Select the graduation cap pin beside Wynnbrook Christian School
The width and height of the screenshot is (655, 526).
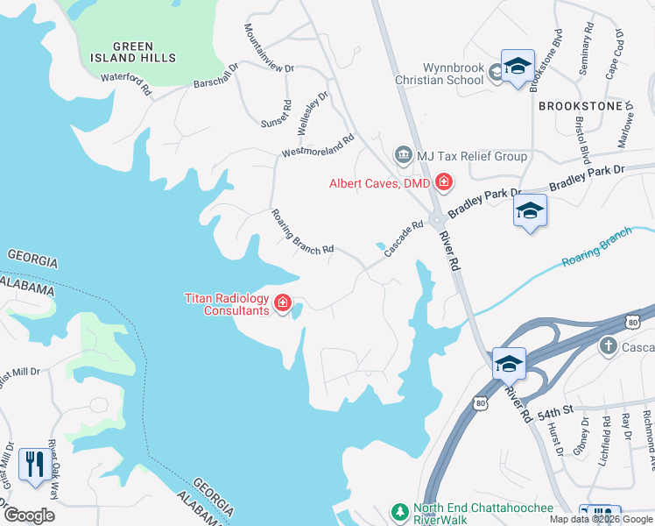(518, 68)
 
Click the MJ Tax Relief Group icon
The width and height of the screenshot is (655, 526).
(403, 156)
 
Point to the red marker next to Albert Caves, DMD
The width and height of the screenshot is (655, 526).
(444, 182)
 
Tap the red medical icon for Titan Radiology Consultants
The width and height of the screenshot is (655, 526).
(282, 304)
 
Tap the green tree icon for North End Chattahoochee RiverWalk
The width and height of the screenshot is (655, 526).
(399, 511)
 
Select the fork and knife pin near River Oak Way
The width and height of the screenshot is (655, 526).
(34, 462)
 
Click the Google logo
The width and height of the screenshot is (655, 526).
(29, 515)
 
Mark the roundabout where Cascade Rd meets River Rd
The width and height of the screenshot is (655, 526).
(435, 222)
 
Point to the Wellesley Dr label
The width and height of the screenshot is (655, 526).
(312, 111)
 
